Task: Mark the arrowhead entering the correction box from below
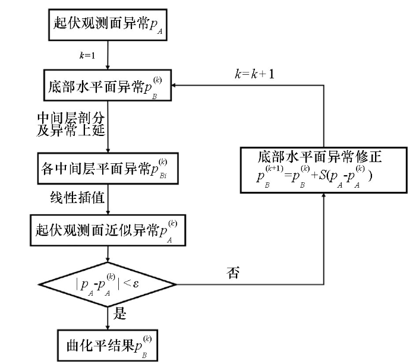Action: [x=323, y=197]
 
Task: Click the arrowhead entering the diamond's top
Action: [x=107, y=259]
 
